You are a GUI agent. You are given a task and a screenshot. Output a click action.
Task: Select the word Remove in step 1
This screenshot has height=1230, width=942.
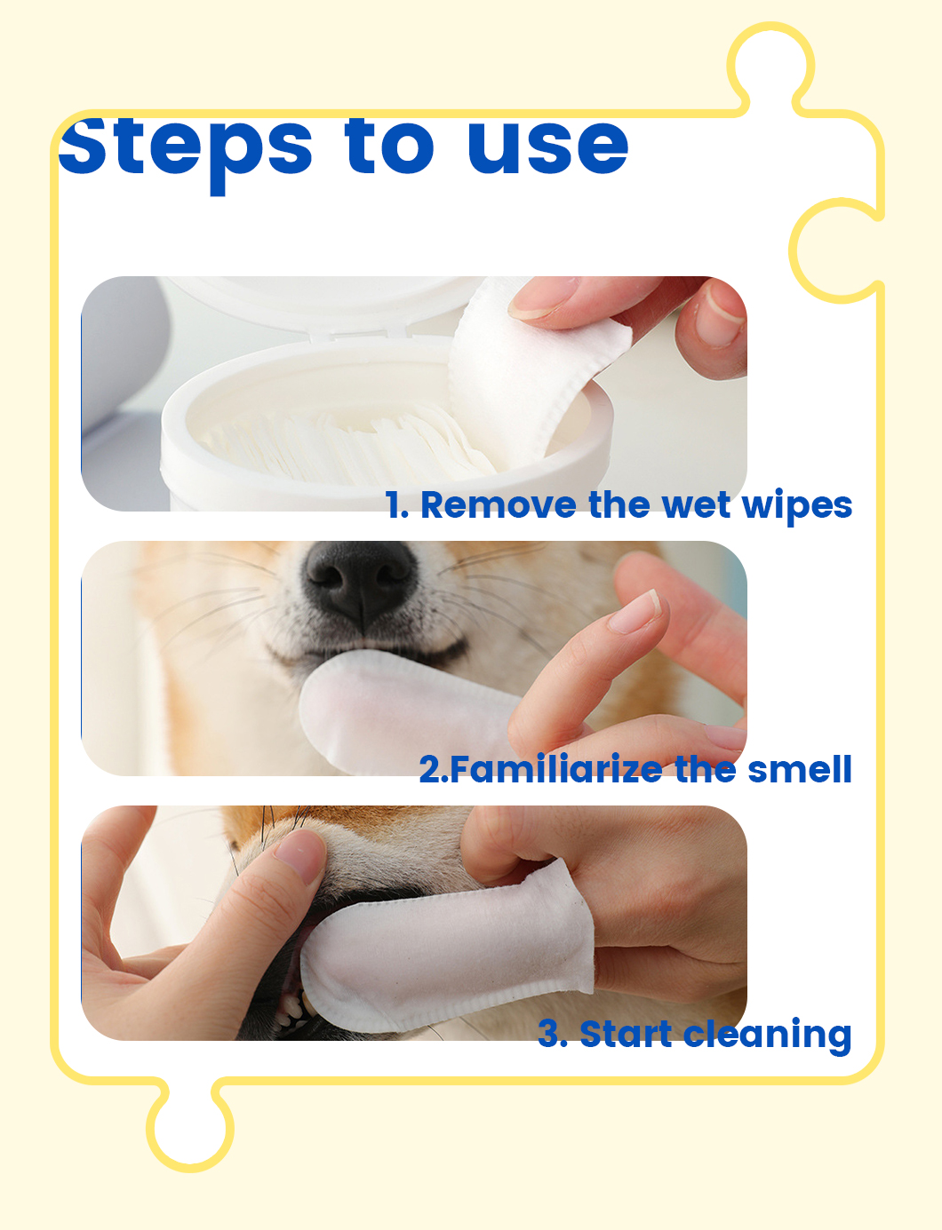[498, 505]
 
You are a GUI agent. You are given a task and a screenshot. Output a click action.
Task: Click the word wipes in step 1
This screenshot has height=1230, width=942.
[797, 506]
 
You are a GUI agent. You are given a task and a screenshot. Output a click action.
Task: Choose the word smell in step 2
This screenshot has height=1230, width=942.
[800, 769]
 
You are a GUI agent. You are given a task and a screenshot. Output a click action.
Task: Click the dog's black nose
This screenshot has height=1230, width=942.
[360, 583]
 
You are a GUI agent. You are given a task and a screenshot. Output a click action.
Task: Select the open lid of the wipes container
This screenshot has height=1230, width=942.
[325, 306]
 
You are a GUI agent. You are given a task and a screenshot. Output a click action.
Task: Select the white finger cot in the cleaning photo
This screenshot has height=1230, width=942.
[448, 947]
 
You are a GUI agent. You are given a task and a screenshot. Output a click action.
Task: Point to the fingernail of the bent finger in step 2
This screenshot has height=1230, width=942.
[636, 613]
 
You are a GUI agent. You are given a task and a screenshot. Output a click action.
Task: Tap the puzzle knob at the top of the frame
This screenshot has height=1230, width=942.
[770, 68]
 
